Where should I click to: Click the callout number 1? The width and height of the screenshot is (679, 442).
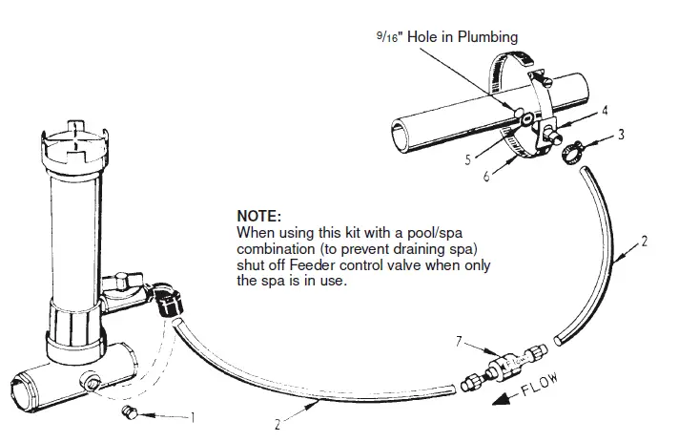click(194, 416)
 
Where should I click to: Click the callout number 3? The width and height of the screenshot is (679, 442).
click(621, 135)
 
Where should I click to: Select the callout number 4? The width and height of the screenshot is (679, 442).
click(605, 111)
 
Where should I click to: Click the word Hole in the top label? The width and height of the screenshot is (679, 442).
click(425, 38)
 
